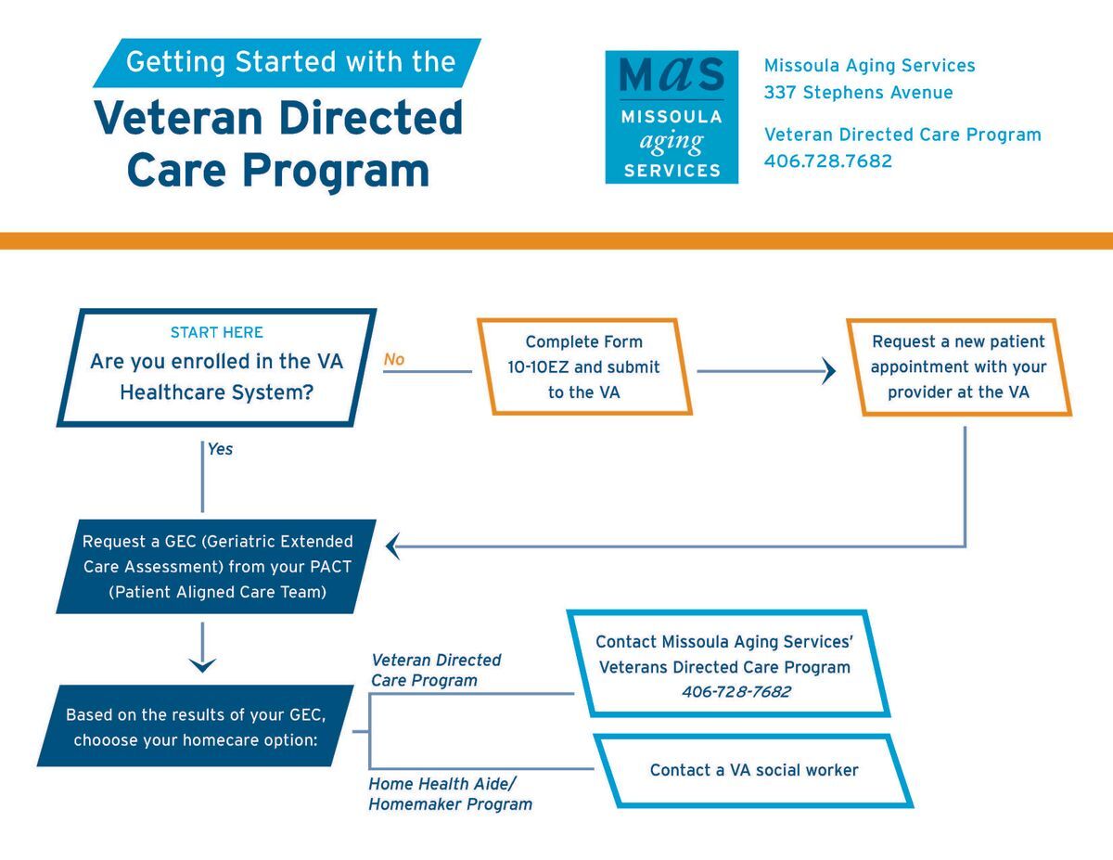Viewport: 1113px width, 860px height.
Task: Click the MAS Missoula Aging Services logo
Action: tap(672, 117)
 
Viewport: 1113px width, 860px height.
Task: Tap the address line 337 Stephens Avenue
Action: tap(858, 93)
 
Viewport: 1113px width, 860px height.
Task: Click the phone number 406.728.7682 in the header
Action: tap(827, 161)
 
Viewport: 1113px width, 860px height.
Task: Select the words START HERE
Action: tap(217, 332)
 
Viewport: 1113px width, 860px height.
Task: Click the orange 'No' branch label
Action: tap(394, 360)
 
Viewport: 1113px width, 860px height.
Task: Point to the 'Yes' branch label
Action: tap(220, 449)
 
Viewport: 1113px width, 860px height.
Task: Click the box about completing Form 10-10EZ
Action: tap(583, 367)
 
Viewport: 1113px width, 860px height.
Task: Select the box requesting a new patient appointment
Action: tap(958, 367)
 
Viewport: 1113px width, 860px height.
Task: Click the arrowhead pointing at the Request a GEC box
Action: tap(392, 546)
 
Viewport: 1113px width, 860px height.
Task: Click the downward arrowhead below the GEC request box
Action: tap(202, 664)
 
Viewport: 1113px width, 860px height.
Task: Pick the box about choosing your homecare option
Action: tap(196, 726)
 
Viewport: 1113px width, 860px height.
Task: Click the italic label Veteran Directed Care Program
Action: tap(436, 670)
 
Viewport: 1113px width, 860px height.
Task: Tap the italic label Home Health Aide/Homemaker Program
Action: tap(450, 794)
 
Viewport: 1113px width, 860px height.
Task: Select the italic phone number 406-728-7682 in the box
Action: tap(736, 692)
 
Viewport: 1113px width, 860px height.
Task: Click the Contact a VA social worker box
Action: tap(753, 770)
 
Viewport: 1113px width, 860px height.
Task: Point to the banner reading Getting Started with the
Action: tap(290, 62)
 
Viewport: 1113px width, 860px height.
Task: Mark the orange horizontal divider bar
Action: tap(556, 241)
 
